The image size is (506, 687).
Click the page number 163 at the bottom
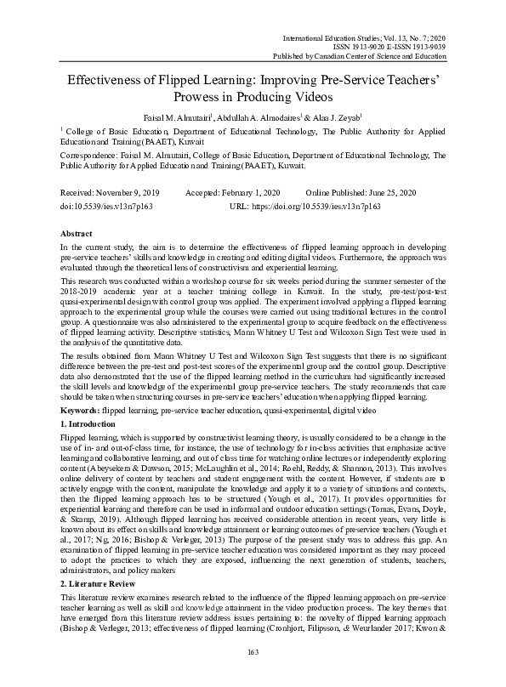coord(252,651)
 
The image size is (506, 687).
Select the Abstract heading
coord(77,232)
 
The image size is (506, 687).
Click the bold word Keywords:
coord(80,410)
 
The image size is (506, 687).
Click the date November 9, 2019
coord(125,194)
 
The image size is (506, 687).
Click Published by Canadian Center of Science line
coord(363,56)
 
